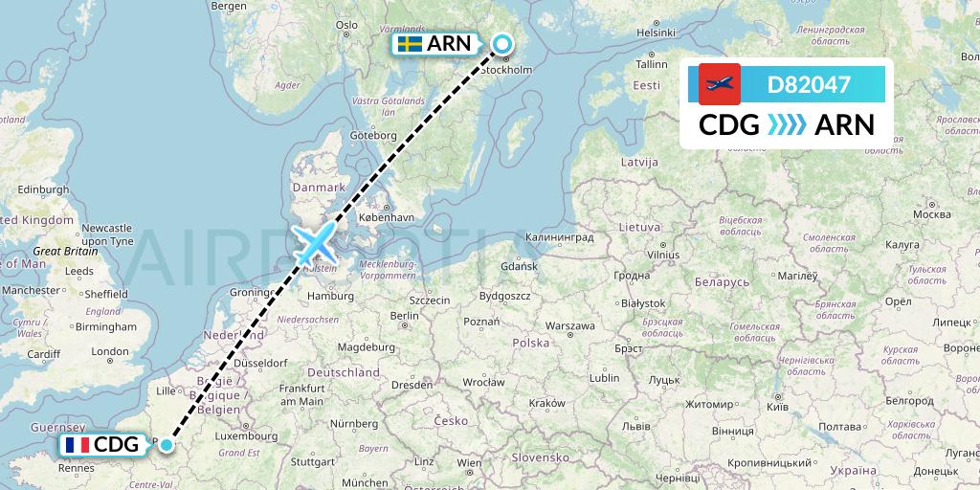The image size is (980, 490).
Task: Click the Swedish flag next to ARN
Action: (411, 45)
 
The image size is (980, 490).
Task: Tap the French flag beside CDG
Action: (78, 445)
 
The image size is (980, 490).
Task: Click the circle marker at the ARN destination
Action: (501, 43)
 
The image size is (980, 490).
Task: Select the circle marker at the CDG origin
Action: (167, 444)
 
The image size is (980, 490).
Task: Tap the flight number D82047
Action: (809, 84)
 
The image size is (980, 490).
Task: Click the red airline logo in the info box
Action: (720, 84)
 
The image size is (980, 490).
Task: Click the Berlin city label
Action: (405, 316)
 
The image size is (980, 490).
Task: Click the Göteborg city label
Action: (372, 135)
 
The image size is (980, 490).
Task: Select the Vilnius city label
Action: (661, 256)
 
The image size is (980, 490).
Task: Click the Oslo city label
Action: (345, 25)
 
